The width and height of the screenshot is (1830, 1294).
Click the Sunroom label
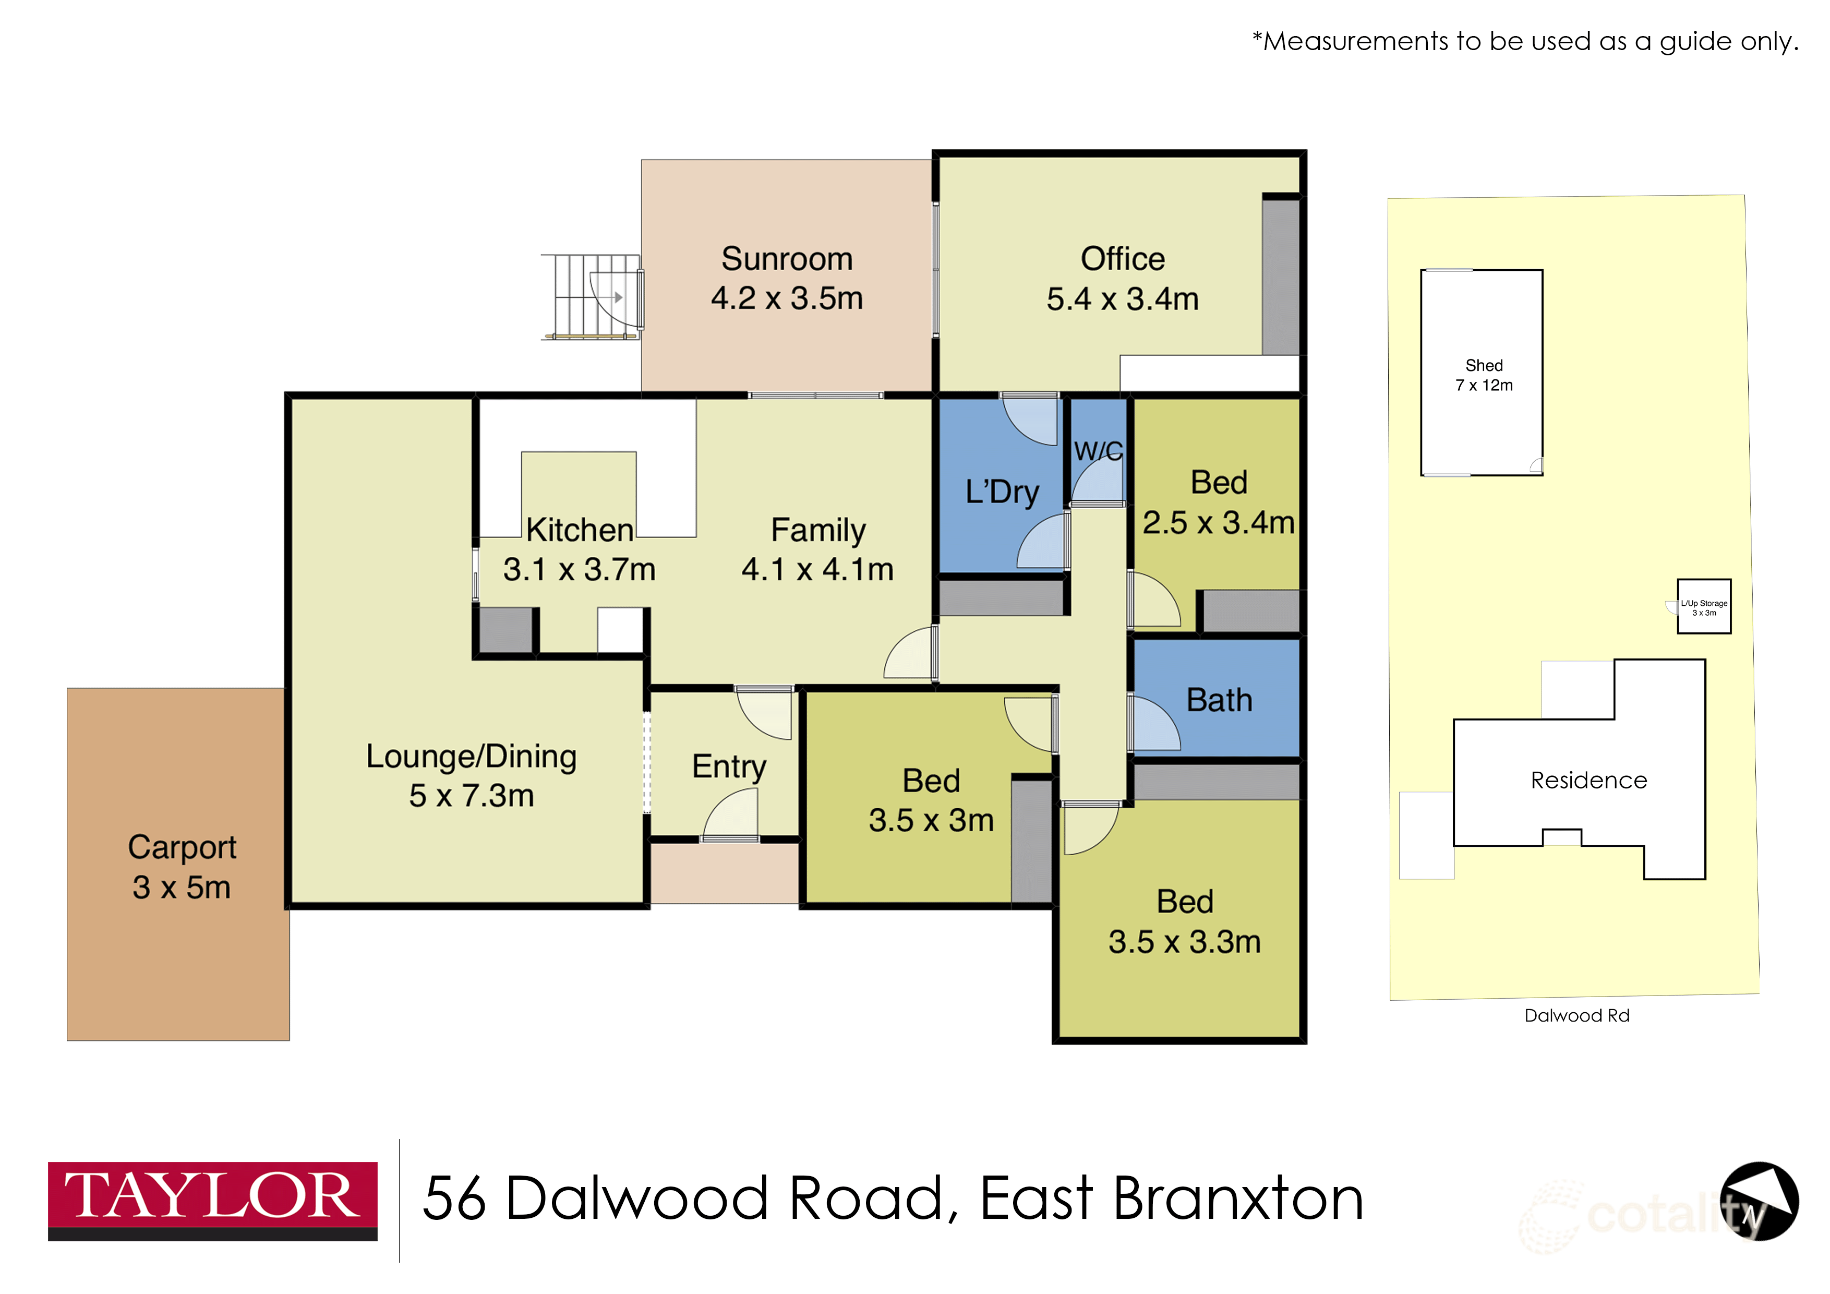pyautogui.click(x=787, y=259)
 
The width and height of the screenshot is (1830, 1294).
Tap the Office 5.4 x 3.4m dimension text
pyautogui.click(x=1122, y=299)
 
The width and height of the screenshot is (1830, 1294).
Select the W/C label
pyautogui.click(x=1098, y=451)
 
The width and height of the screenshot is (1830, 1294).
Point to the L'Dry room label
pyautogui.click(x=1002, y=492)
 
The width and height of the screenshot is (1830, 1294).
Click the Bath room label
pyautogui.click(x=1219, y=700)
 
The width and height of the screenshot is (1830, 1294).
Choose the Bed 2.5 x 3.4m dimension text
pyautogui.click(x=1219, y=523)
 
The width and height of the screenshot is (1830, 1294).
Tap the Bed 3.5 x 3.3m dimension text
pyautogui.click(x=1184, y=942)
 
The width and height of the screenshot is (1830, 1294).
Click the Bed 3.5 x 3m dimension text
pyautogui.click(x=931, y=820)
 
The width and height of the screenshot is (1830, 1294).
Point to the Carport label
pyautogui.click(x=182, y=847)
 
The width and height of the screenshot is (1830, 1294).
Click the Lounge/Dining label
pyautogui.click(x=471, y=756)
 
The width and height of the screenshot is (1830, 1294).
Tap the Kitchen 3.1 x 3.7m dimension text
pyautogui.click(x=580, y=569)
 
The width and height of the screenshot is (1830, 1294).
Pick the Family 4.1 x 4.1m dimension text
pyautogui.click(x=818, y=569)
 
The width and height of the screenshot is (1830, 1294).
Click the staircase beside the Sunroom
pyautogui.click(x=591, y=296)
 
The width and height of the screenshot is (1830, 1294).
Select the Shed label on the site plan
pyautogui.click(x=1483, y=365)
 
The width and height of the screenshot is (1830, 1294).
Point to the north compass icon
pyautogui.click(x=1759, y=1201)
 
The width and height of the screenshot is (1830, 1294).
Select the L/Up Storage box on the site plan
pyautogui.click(x=1703, y=607)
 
